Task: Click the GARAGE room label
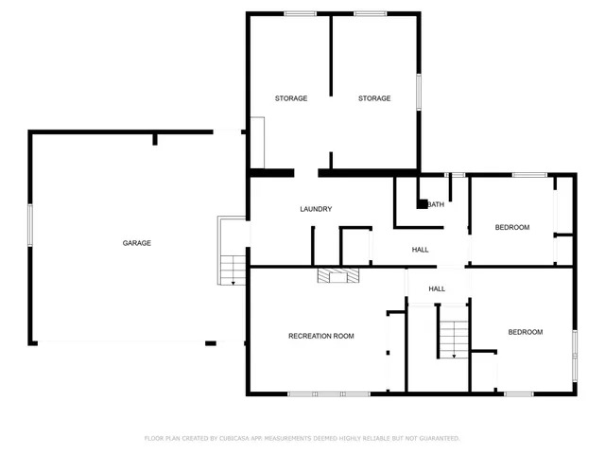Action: coord(136,243)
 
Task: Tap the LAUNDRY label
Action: coord(316,209)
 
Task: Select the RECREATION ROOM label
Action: coord(321,336)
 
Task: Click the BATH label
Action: coord(436,204)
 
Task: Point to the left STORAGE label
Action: coord(291,98)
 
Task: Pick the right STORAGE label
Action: coord(373,98)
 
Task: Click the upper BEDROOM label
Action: coord(512,227)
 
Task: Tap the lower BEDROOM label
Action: coord(526,332)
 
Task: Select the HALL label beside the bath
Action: coord(420,250)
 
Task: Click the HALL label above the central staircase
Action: coord(437,288)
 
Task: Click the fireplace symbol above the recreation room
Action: coord(337,275)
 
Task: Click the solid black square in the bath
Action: coord(423,202)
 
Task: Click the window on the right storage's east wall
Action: coord(419,95)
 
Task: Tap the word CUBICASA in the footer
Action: coord(241,439)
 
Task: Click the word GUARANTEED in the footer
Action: coord(438,439)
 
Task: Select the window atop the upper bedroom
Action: coord(529,174)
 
